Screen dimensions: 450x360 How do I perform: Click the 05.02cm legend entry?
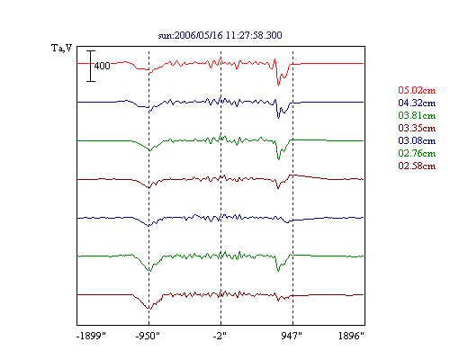(417, 90)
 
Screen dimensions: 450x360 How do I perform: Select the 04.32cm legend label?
(417, 103)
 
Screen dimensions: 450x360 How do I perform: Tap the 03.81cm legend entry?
(417, 115)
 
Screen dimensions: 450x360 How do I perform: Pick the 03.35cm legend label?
(417, 128)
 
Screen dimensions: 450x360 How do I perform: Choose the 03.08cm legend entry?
(417, 140)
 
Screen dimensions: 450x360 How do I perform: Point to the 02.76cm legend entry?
(417, 153)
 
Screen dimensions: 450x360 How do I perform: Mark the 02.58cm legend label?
(417, 166)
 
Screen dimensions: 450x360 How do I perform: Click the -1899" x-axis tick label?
(91, 336)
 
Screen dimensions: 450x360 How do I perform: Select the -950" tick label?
(148, 336)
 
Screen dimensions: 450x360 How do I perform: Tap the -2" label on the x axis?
(220, 336)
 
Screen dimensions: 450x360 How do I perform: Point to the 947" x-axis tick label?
(292, 336)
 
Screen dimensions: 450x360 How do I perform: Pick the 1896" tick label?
(351, 336)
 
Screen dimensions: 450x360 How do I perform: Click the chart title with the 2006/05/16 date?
(220, 35)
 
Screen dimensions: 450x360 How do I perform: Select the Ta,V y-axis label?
(62, 48)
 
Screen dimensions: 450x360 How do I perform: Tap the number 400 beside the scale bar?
(103, 66)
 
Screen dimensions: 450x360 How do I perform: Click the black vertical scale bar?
(91, 66)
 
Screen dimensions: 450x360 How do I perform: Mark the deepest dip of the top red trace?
(278, 85)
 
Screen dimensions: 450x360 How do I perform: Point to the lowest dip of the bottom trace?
(150, 309)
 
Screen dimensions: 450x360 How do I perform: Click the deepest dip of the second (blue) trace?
(278, 118)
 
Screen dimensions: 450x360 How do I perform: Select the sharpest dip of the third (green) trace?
(279, 159)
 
